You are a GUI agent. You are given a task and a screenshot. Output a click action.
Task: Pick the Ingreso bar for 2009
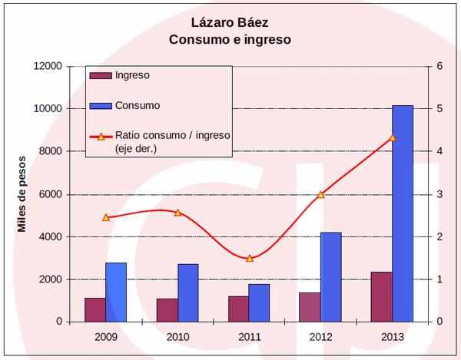click(x=95, y=309)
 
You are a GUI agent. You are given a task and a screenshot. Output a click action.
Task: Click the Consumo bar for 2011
click(x=259, y=302)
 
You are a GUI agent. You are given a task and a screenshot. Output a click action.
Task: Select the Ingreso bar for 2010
click(x=167, y=309)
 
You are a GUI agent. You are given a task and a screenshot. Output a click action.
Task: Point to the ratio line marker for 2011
click(x=249, y=259)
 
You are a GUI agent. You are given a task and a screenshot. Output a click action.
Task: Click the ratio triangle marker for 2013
click(x=392, y=137)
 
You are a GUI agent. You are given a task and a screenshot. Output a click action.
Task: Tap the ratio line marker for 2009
click(x=106, y=217)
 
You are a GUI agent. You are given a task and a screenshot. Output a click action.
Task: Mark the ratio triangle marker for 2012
click(x=320, y=194)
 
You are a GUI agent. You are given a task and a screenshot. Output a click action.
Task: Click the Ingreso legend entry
click(x=131, y=75)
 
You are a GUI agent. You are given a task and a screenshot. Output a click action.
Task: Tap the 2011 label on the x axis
click(x=249, y=336)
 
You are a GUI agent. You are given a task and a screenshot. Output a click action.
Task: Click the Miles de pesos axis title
click(x=22, y=193)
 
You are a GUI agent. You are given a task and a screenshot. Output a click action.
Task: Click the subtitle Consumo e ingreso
click(x=230, y=39)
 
